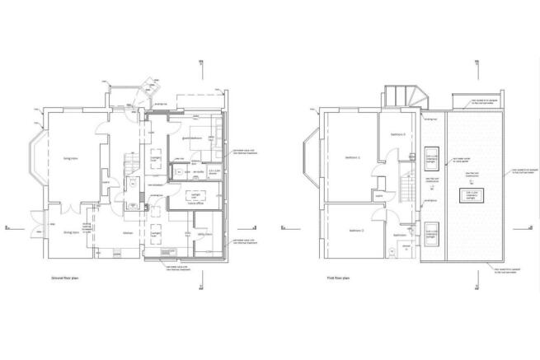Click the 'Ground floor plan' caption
coord(68,280)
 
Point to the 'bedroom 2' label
coord(355,230)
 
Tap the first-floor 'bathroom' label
coord(399,235)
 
